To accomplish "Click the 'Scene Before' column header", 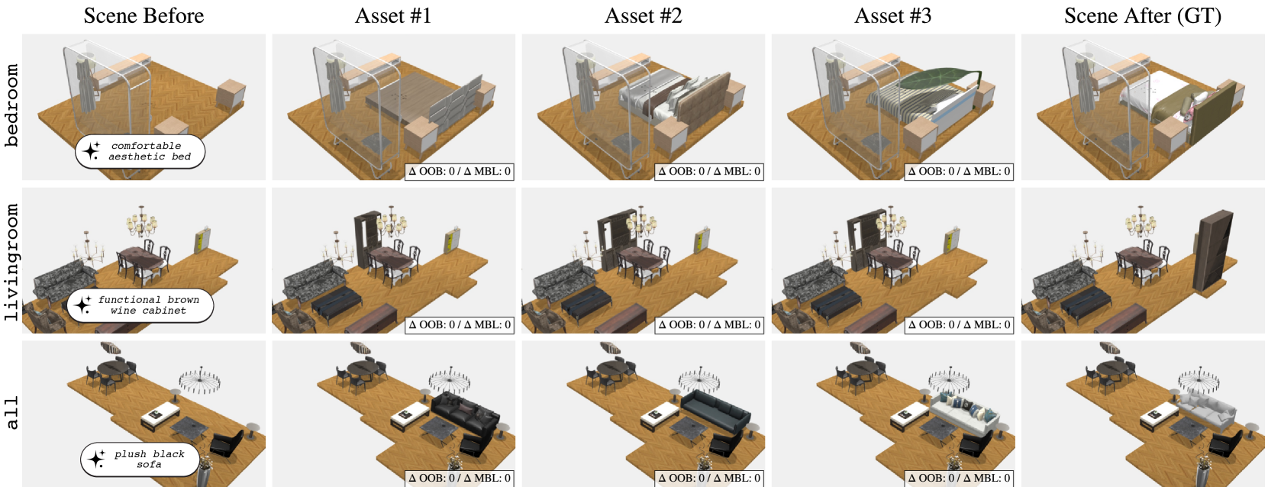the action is pos(144,15).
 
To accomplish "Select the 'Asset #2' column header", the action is pos(643,15).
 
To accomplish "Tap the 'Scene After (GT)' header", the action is pos(1142,15).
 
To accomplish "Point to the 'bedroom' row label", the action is pos(11,105).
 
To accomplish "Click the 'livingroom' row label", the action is pos(11,262).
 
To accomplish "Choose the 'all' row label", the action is pos(11,412).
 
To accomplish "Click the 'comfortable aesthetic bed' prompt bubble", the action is pos(140,151).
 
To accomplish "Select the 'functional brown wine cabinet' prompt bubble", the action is pos(140,305).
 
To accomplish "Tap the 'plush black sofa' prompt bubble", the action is pos(140,460).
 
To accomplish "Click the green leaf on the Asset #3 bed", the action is pos(940,78).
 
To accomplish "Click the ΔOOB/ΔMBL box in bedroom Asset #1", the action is pos(459,171).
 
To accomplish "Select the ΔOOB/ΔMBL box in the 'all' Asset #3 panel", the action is pos(959,478).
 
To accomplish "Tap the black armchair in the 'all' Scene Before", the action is pos(227,443).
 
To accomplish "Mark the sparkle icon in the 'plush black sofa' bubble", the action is pos(95,459).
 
